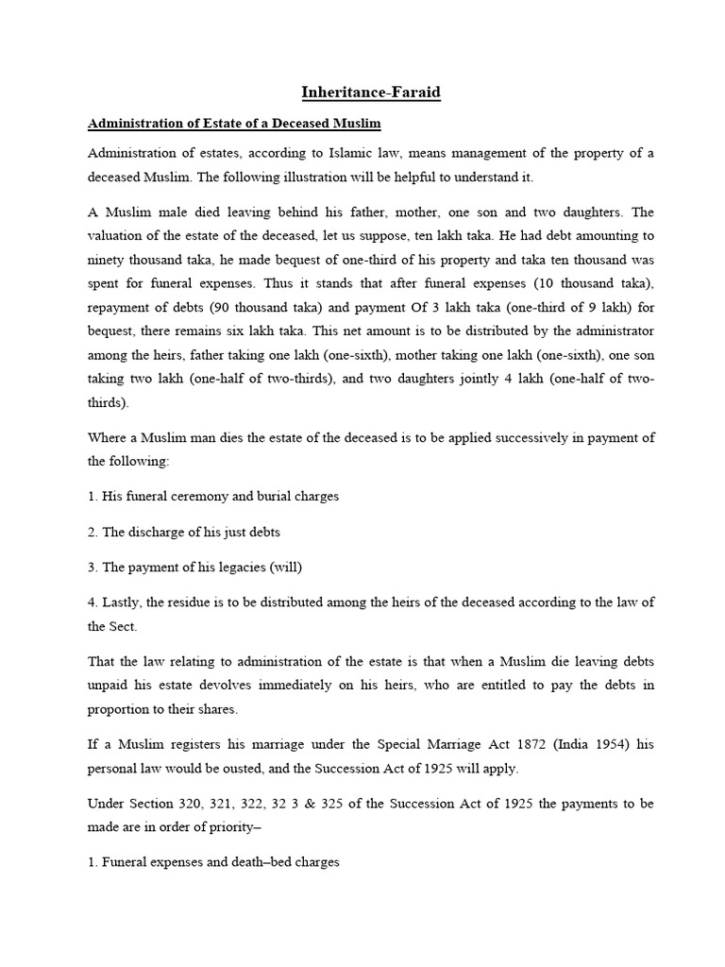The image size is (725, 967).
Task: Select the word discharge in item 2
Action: click(153, 532)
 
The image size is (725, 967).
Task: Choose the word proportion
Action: click(119, 708)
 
